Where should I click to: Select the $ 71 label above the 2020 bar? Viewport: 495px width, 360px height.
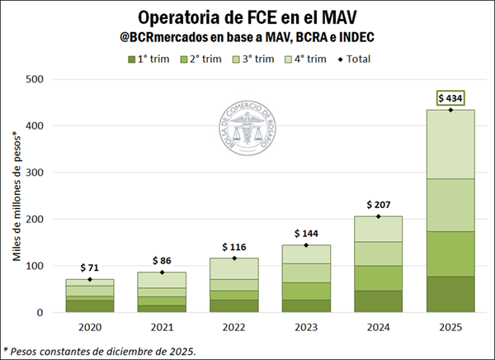click(89, 268)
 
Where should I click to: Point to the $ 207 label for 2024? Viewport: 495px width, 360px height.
click(378, 205)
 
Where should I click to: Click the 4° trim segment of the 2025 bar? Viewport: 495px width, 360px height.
click(450, 144)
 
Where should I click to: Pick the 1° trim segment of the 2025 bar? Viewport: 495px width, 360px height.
click(450, 295)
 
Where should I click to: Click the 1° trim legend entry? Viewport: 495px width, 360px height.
click(151, 58)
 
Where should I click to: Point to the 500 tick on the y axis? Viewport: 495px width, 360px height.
click(35, 79)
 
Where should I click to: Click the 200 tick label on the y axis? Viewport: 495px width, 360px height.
click(35, 220)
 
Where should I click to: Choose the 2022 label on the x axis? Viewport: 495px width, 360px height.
click(233, 327)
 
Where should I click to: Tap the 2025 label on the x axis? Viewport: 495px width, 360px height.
click(450, 327)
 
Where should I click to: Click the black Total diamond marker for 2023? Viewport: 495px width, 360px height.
click(306, 245)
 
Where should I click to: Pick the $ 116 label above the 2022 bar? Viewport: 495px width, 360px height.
click(233, 248)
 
